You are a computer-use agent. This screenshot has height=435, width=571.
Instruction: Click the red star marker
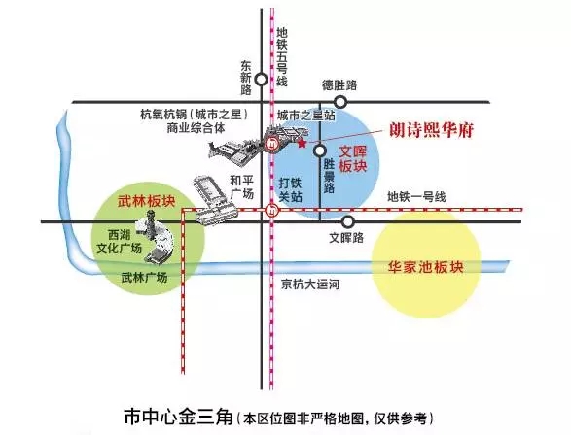pyautogui.click(x=302, y=144)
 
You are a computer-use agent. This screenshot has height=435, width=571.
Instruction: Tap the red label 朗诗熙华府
pyautogui.click(x=432, y=130)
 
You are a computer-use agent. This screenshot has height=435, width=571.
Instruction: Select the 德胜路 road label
pyautogui.click(x=339, y=85)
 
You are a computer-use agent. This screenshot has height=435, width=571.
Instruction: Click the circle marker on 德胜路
pyautogui.click(x=340, y=102)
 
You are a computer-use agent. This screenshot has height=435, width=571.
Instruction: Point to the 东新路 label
pyautogui.click(x=246, y=78)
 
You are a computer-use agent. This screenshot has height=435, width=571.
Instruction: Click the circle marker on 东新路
pyautogui.click(x=261, y=80)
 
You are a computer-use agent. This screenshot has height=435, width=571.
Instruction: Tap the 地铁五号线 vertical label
pyautogui.click(x=282, y=57)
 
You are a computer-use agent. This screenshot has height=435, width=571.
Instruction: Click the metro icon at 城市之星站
pyautogui.click(x=271, y=144)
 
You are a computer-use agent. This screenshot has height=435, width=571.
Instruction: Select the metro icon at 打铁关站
pyautogui.click(x=271, y=210)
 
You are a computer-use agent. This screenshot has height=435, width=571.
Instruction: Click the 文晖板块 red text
pyautogui.click(x=352, y=159)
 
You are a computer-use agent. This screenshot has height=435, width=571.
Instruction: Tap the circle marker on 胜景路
pyautogui.click(x=320, y=151)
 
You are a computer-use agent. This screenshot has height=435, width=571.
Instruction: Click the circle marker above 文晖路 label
pyautogui.click(x=348, y=221)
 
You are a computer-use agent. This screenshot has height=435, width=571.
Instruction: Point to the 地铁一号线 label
pyautogui.click(x=416, y=197)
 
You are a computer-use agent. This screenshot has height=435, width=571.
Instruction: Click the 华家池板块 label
pyautogui.click(x=425, y=267)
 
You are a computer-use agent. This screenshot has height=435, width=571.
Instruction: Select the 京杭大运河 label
pyautogui.click(x=310, y=284)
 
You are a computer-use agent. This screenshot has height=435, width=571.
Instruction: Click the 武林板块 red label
pyautogui.click(x=146, y=201)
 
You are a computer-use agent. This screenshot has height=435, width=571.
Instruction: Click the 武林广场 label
pyautogui.click(x=144, y=278)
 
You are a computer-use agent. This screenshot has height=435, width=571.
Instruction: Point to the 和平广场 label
pyautogui.click(x=242, y=186)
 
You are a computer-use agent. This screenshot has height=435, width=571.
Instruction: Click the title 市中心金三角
pyautogui.click(x=178, y=417)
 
